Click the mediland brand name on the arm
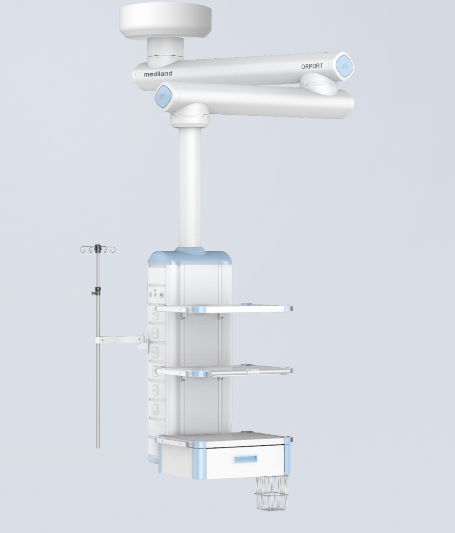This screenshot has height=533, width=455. (x=158, y=73)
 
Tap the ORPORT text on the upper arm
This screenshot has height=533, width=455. (x=312, y=66)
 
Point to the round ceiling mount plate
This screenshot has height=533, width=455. (x=165, y=21)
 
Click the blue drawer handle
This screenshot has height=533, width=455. (x=245, y=460)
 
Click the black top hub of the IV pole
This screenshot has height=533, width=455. (x=98, y=249)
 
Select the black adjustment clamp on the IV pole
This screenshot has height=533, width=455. (x=97, y=291)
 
